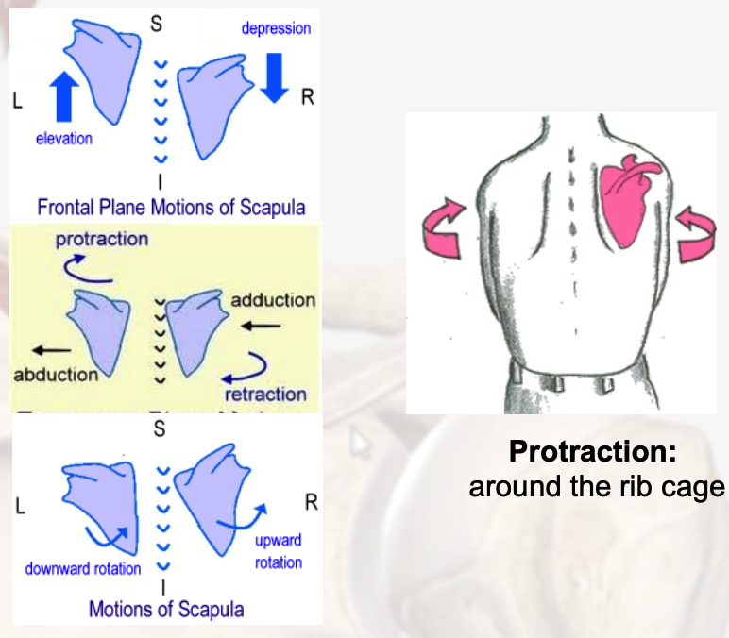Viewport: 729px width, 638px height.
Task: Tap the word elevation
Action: coord(64,139)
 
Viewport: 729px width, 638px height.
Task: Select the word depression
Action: coord(276,28)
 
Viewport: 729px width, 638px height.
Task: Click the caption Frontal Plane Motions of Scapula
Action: coord(170,205)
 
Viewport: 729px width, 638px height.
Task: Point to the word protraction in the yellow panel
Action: coord(102,239)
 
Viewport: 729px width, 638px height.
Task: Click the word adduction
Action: coord(273,300)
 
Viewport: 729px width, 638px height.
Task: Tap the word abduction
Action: coord(56,374)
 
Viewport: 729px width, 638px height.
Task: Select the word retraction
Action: coord(265,394)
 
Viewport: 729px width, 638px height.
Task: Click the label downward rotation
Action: coord(83,568)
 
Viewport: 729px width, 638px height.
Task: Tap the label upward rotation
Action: coord(279,552)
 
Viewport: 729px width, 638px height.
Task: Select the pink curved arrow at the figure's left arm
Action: coord(444,227)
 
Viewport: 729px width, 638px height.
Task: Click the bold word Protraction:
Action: coord(593,452)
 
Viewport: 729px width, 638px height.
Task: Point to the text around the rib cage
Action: coord(596,488)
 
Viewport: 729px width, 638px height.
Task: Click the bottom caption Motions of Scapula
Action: coord(166,609)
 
